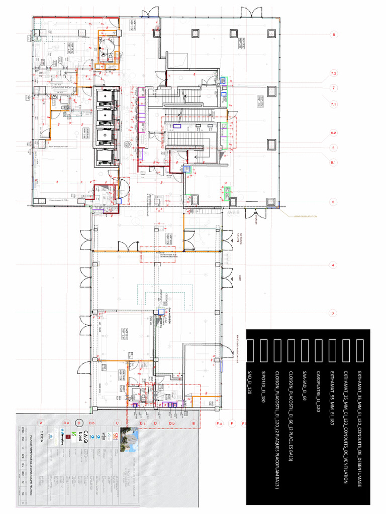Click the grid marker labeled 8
[333, 35]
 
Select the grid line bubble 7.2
[333, 74]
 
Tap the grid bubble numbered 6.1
[333, 163]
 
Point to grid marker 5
[333, 202]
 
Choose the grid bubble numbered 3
[333, 313]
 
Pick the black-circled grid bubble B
[79, 423]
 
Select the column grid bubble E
[194, 423]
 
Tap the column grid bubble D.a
[142, 423]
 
